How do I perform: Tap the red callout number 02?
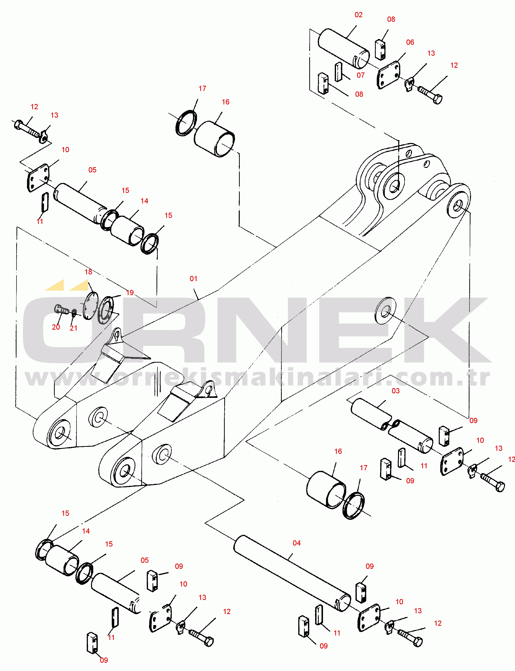point(358,15)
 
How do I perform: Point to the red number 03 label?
point(395,391)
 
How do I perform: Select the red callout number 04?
point(296,543)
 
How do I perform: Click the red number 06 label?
point(410,42)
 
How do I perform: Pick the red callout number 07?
point(360,75)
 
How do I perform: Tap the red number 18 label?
point(88,272)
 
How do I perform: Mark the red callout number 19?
point(130,293)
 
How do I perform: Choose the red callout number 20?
point(56,327)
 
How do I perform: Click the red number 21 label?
point(73,328)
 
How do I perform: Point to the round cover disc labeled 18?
point(91,306)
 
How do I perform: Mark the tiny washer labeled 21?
point(74,313)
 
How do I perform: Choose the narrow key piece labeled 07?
point(338,72)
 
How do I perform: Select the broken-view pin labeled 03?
point(392,426)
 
